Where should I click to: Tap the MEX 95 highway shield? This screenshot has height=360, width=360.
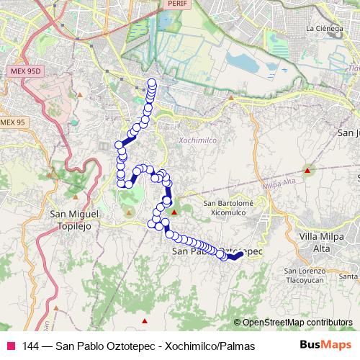(x=13, y=122)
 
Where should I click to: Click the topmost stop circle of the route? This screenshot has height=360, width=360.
(x=152, y=82)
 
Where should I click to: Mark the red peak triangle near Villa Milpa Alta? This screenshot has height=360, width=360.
(x=307, y=171)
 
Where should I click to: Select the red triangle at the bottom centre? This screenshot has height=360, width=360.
(x=145, y=320)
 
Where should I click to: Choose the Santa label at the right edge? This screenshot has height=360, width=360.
(x=349, y=276)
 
